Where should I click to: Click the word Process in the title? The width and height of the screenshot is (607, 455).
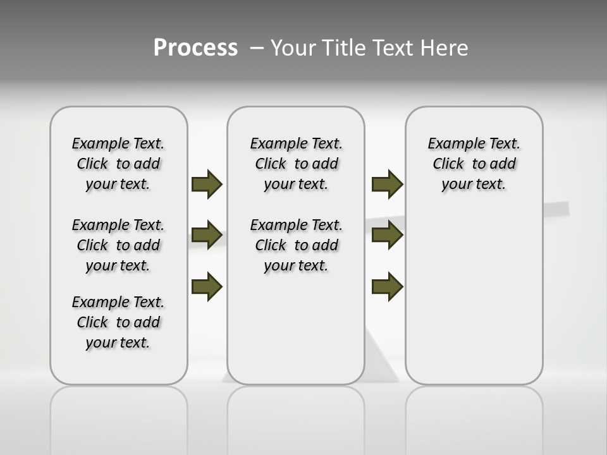195,48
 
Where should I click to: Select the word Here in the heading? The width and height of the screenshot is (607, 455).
445,48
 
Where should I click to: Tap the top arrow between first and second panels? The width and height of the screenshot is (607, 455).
207,184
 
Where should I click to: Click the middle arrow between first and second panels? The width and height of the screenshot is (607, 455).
207,235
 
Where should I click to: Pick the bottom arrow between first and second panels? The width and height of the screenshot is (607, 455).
207,286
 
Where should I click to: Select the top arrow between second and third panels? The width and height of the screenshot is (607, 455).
387,184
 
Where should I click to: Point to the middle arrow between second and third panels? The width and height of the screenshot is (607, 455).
387,235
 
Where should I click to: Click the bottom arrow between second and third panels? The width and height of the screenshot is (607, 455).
387,286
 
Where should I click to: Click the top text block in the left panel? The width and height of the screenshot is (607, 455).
118,164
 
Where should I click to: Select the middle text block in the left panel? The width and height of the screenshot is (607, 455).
118,245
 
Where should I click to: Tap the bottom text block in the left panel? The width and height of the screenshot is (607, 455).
118,322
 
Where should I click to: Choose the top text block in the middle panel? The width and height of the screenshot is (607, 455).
296,164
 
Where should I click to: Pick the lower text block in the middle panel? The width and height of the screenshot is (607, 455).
296,245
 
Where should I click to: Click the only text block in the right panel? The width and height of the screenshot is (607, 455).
474,164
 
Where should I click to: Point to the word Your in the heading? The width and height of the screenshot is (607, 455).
293,48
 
